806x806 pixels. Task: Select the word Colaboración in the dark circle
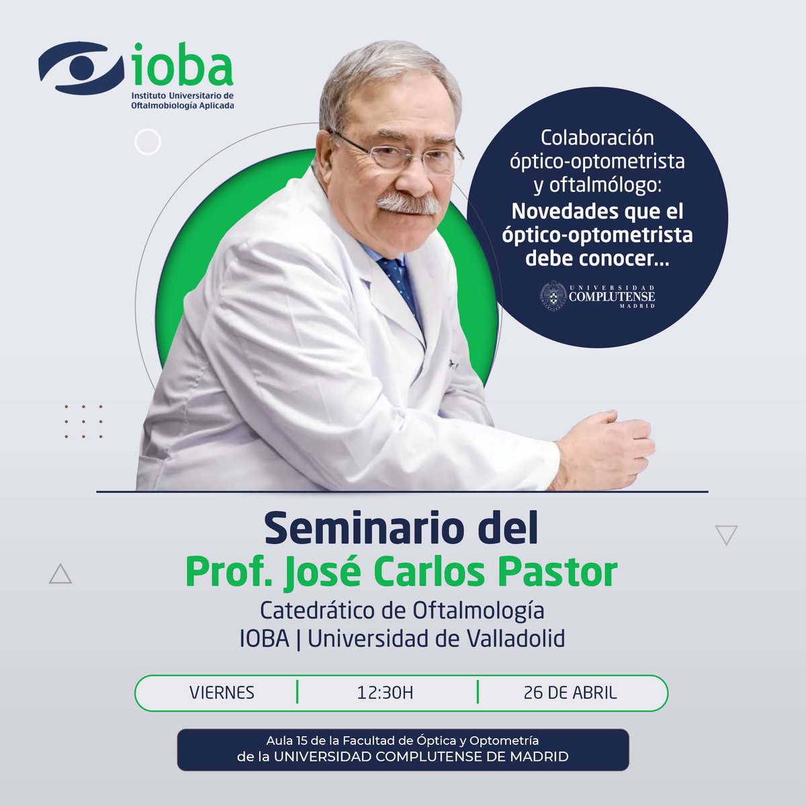pyautogui.click(x=597, y=138)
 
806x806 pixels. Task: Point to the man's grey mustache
pyautogui.click(x=406, y=202)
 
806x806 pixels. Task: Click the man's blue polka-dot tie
pyautogui.click(x=400, y=282)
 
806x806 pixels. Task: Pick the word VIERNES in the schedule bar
pyautogui.click(x=222, y=692)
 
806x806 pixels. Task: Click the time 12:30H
pyautogui.click(x=385, y=692)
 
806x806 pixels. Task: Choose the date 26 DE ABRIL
pyautogui.click(x=570, y=692)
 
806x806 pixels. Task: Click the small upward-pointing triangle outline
pyautogui.click(x=60, y=574)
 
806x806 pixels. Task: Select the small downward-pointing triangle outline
pyautogui.click(x=727, y=535)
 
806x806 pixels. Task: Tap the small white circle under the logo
pyautogui.click(x=147, y=142)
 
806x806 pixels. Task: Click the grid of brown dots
pyautogui.click(x=83, y=422)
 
